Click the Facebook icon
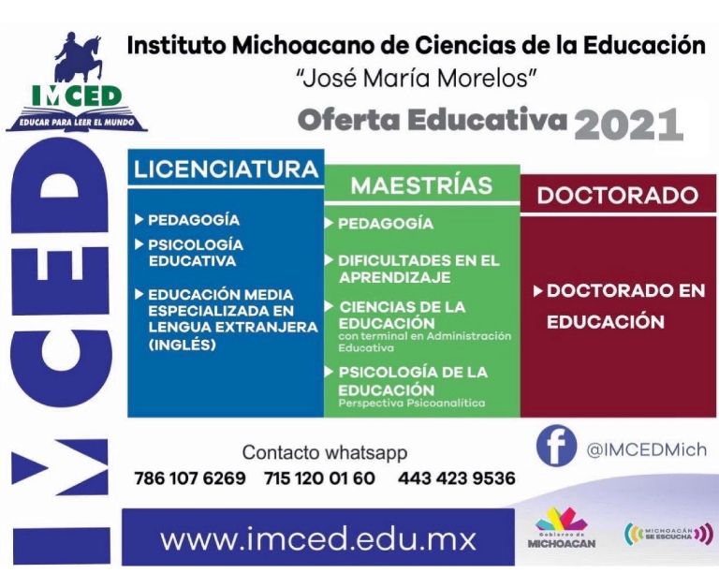[556, 446]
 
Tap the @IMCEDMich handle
[647, 450]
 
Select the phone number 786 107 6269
[190, 478]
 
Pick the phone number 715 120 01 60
[319, 478]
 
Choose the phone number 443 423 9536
[457, 478]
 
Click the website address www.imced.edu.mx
[317, 539]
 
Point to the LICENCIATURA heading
[226, 169]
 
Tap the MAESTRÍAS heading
[422, 185]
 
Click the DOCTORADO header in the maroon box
[618, 196]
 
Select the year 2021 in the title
[629, 125]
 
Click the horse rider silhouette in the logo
[79, 56]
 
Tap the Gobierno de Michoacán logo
[562, 528]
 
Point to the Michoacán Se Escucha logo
[669, 534]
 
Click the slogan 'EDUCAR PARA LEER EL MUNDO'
[77, 123]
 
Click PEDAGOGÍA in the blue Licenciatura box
[194, 220]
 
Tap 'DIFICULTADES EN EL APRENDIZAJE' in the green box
[418, 269]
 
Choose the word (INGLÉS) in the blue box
[182, 345]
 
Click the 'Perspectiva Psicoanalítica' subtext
[411, 404]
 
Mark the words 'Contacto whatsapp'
[325, 452]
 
